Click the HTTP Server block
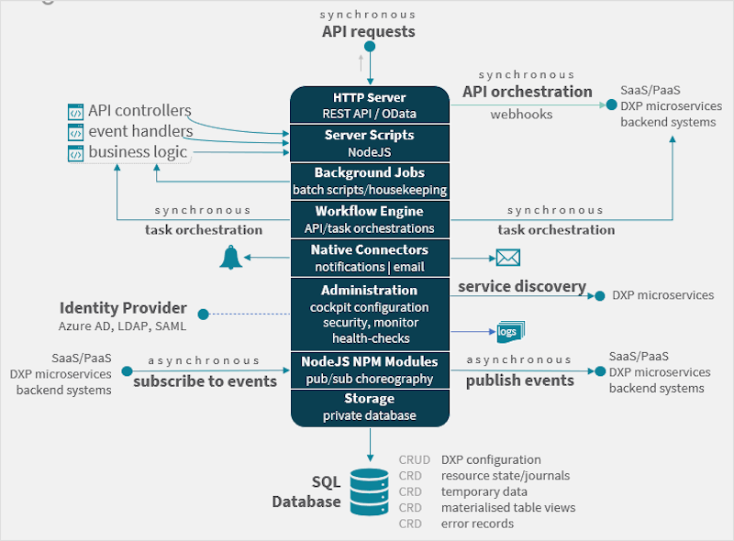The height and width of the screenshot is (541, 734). click(370, 105)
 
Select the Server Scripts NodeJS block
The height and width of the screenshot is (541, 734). click(370, 143)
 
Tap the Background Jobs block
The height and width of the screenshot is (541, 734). click(370, 181)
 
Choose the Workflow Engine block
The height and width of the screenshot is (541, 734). click(370, 219)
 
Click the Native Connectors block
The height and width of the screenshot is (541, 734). click(370, 258)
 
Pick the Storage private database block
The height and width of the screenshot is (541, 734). click(370, 406)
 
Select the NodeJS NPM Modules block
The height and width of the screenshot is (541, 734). click(370, 369)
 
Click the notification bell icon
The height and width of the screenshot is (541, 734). click(231, 258)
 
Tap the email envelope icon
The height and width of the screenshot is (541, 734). click(508, 258)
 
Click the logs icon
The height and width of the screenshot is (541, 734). click(509, 331)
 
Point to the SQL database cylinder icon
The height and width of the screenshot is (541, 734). click(370, 492)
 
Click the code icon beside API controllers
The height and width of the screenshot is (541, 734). click(76, 112)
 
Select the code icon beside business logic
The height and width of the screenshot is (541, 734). click(76, 153)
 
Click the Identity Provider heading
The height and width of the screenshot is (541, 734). click(123, 308)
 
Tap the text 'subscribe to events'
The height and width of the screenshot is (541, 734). click(205, 381)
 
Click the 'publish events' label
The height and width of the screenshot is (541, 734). click(519, 381)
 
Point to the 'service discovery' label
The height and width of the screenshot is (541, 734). click(522, 286)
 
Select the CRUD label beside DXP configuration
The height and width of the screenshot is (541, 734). click(412, 459)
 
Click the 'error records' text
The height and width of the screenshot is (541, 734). click(477, 524)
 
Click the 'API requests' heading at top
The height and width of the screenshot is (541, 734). click(368, 31)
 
